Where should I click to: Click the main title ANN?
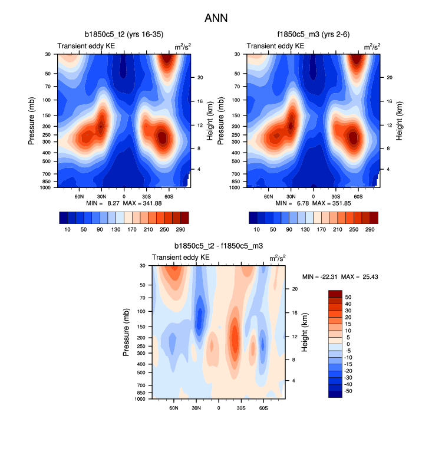click(x=216, y=18)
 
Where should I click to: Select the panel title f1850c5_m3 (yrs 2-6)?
click(x=312, y=35)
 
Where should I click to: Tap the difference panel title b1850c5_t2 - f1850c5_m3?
click(x=218, y=246)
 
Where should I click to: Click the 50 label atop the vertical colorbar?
click(x=348, y=297)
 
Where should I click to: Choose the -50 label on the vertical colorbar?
click(x=348, y=390)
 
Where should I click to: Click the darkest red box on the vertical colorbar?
click(x=334, y=294)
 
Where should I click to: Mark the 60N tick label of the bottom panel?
click(x=173, y=407)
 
